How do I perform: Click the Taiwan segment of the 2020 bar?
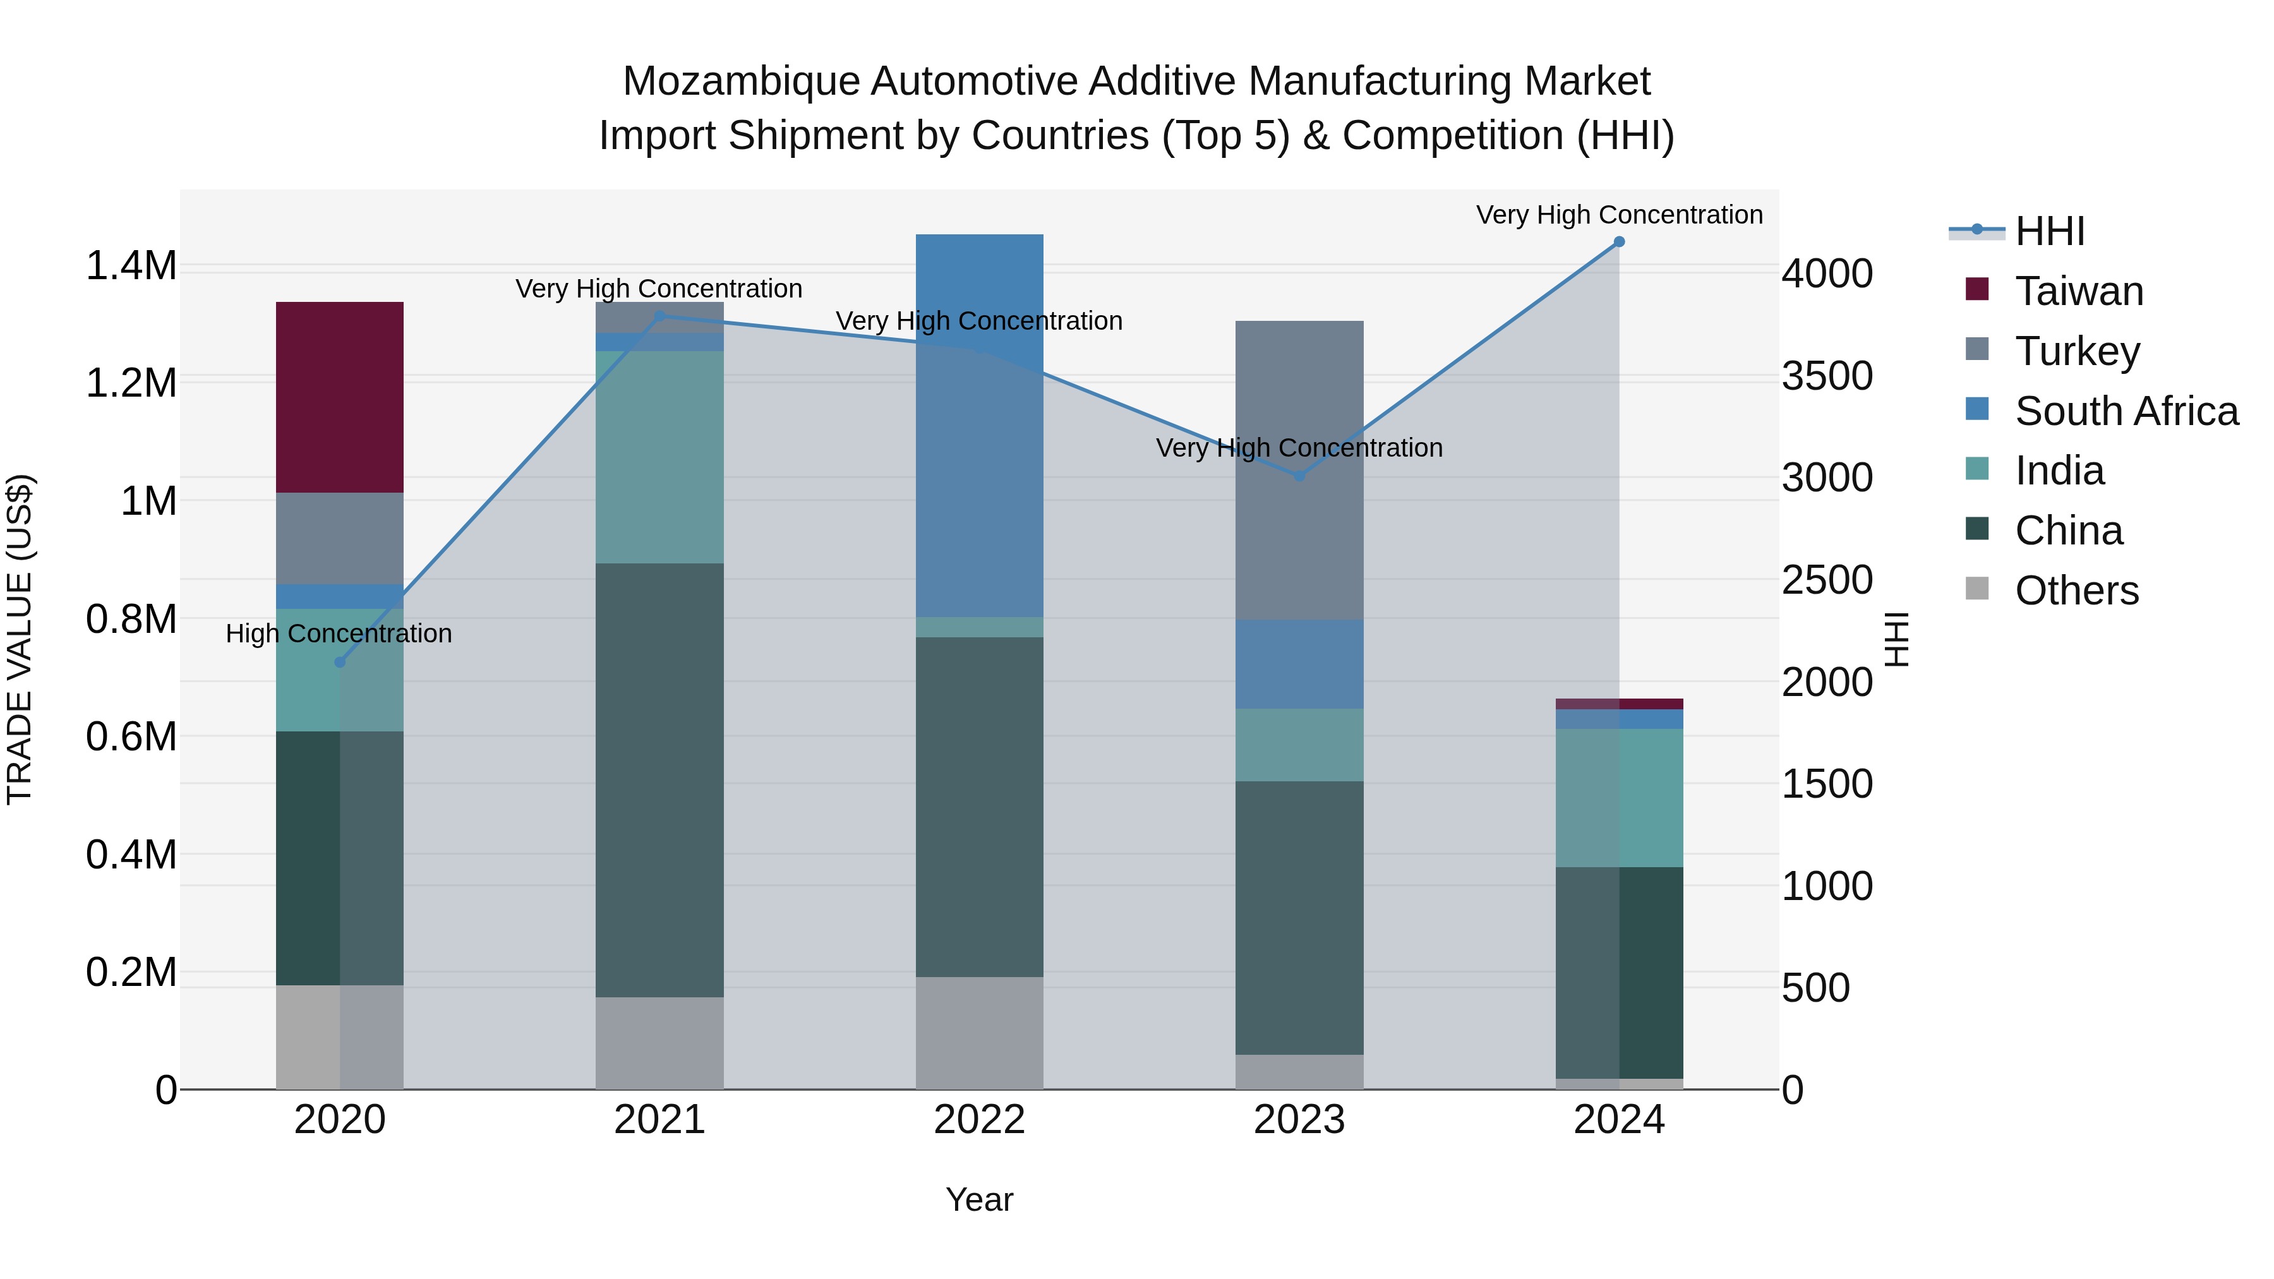[340, 397]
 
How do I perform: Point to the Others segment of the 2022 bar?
[979, 1032]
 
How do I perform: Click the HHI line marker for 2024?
[1618, 242]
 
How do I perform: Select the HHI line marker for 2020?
[340, 662]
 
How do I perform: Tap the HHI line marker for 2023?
[1299, 476]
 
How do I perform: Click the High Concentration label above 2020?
[339, 633]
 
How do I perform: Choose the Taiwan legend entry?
[2078, 291]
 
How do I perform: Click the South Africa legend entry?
[2126, 411]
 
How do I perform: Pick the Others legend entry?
[2076, 591]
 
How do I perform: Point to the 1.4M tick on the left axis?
[131, 266]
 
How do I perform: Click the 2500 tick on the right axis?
[1826, 580]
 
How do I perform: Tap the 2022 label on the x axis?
[979, 1120]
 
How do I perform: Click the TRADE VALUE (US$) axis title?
[20, 639]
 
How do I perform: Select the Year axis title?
[979, 1199]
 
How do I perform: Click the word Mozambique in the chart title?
[741, 81]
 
